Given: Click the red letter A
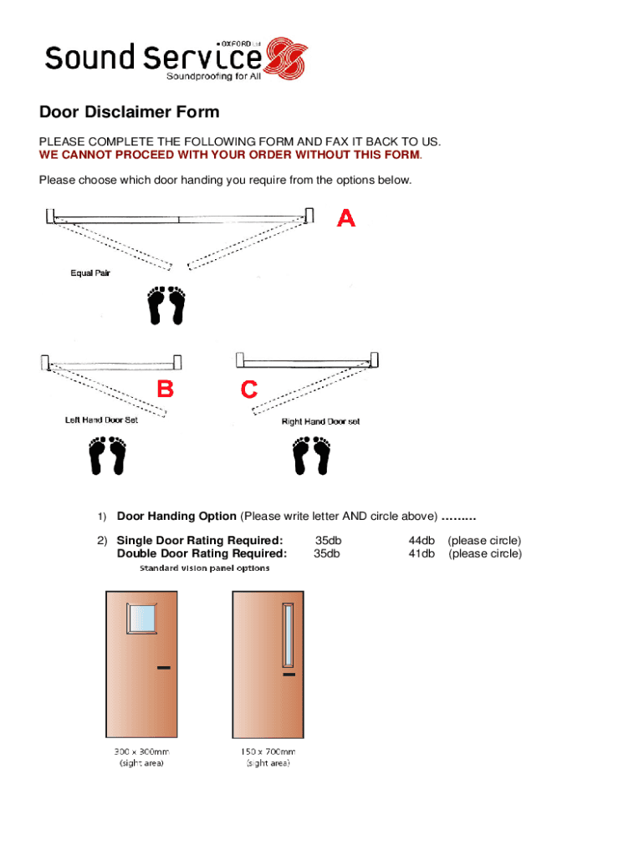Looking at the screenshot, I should coord(346,218).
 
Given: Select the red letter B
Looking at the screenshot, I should coord(166,389).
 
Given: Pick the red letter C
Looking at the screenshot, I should coord(249,389).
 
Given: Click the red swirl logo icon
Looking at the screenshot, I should coord(285,58).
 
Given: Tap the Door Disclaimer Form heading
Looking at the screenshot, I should coord(130,112).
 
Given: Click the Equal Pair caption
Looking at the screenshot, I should coord(90,273).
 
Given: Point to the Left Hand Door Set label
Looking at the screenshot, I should coord(101,420).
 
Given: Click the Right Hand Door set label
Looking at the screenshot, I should coord(320,421).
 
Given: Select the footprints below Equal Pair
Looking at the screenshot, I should coord(166,305).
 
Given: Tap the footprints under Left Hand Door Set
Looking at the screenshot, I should coord(107,456).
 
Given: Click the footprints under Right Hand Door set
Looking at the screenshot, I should coord(311,456).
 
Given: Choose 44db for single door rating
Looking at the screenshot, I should coord(422,541).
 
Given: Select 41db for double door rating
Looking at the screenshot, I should coord(422,553).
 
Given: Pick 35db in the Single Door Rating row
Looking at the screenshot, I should coord(328,541).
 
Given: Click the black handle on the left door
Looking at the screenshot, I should coord(163,667).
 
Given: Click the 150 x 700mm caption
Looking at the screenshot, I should coord(268,752).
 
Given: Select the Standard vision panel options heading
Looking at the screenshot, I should coord(204,568).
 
